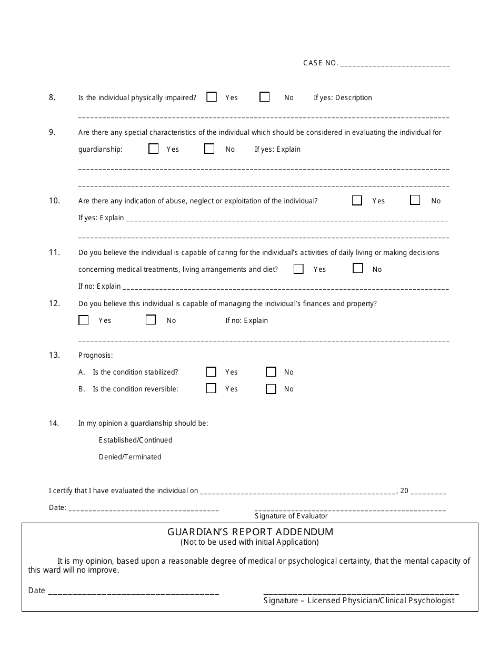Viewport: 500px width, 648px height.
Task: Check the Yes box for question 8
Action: click(212, 97)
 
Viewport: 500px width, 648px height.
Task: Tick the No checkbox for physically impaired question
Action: click(265, 97)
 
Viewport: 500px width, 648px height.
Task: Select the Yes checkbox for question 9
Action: click(154, 149)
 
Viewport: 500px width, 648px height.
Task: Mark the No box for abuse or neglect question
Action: click(415, 200)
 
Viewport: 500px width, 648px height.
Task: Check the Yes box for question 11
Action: click(299, 269)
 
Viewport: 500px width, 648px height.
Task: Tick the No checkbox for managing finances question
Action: click(151, 320)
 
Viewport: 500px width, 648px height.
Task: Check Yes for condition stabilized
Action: click(212, 371)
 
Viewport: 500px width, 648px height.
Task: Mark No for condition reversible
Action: click(271, 389)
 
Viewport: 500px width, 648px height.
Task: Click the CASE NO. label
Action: click(321, 63)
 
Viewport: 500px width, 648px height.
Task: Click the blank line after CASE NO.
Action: click(395, 65)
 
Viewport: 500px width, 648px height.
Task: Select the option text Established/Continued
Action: click(135, 440)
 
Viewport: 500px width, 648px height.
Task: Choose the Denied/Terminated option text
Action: click(130, 457)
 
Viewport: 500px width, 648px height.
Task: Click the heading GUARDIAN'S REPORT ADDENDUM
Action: click(250, 532)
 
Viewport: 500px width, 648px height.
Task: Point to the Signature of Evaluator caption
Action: click(291, 516)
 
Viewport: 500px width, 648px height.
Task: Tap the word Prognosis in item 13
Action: click(95, 355)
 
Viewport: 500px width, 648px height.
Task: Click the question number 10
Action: click(55, 201)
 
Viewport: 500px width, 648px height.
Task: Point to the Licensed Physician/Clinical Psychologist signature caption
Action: click(359, 601)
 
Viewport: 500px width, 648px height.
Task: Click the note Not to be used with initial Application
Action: click(249, 542)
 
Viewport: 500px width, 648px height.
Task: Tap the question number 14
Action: click(54, 423)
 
